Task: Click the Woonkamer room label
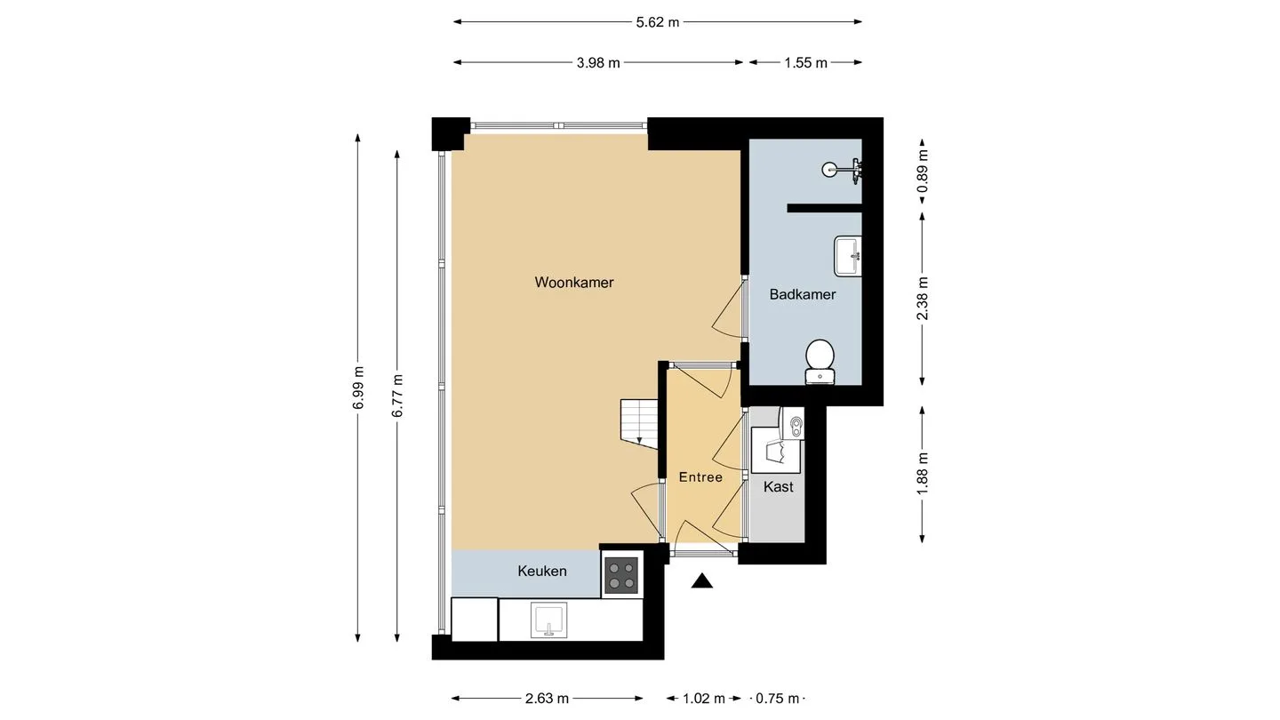click(x=573, y=283)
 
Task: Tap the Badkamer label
click(x=803, y=294)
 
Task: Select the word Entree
click(x=700, y=477)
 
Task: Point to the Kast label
click(x=779, y=487)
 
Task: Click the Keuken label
click(x=542, y=571)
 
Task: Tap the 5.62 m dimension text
click(x=658, y=22)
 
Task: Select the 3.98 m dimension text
click(x=598, y=63)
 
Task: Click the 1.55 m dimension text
click(x=805, y=63)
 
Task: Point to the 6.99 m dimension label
click(x=358, y=388)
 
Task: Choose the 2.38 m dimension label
click(x=923, y=299)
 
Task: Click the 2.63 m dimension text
click(x=547, y=699)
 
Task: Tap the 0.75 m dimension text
click(x=778, y=699)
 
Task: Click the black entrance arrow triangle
click(x=702, y=581)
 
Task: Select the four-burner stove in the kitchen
click(x=621, y=575)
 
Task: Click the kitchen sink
click(x=549, y=620)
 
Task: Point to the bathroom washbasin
click(x=848, y=256)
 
